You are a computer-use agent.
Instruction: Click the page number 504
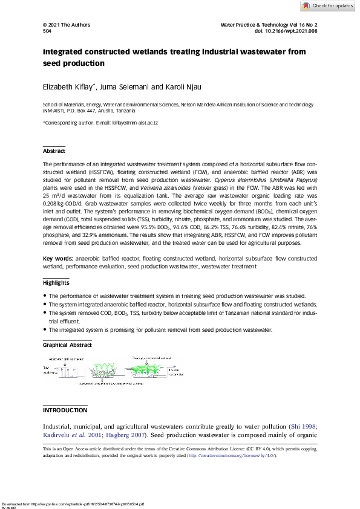tap(47, 30)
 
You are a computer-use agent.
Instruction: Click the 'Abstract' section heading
tap(54, 151)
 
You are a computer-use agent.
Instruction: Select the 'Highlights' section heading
tap(56, 283)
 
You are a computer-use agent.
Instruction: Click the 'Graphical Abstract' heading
tap(67, 345)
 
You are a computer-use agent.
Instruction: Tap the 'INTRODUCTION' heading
tap(65, 410)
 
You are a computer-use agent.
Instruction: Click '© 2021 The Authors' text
tap(67, 25)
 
